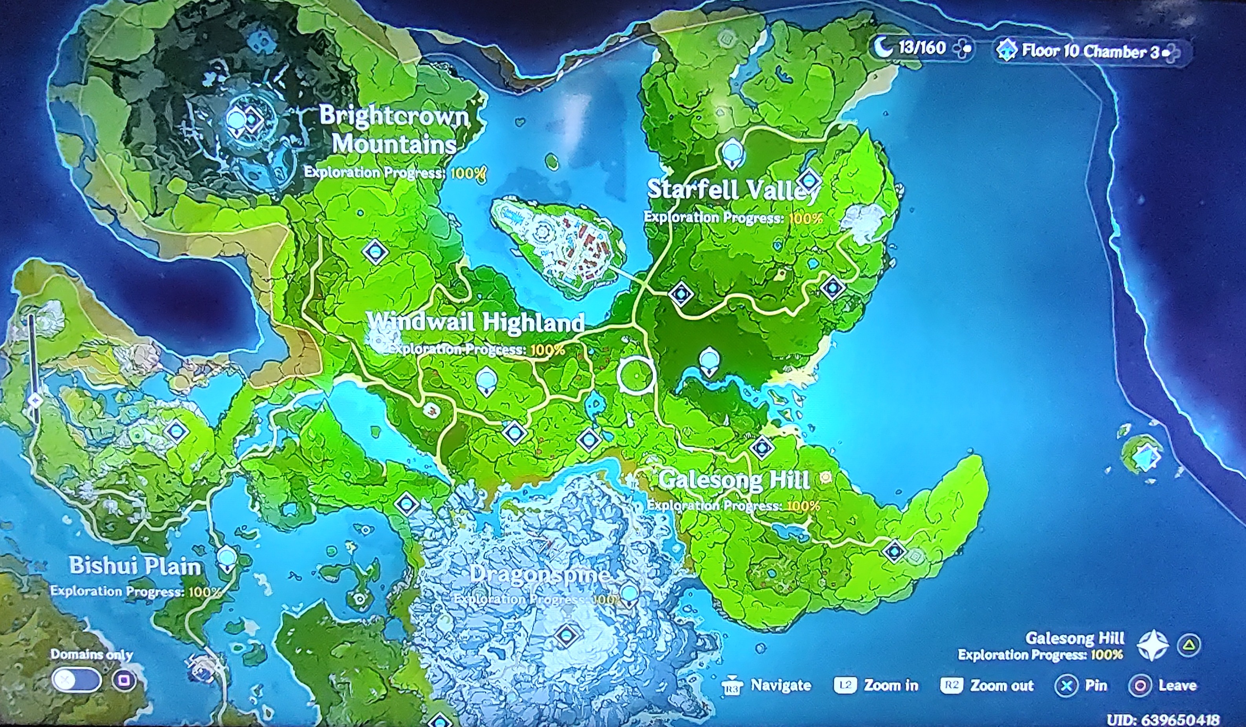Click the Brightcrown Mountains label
(x=394, y=129)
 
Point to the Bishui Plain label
(x=135, y=566)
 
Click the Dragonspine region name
(x=539, y=574)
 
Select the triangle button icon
(x=1189, y=645)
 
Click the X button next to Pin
(x=1067, y=685)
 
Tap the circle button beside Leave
(x=1140, y=685)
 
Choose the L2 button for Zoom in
(x=845, y=685)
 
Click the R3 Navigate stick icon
(x=732, y=686)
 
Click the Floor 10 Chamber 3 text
(x=1090, y=51)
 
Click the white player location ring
(x=636, y=375)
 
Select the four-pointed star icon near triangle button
(x=1153, y=645)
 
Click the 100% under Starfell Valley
(x=806, y=218)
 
